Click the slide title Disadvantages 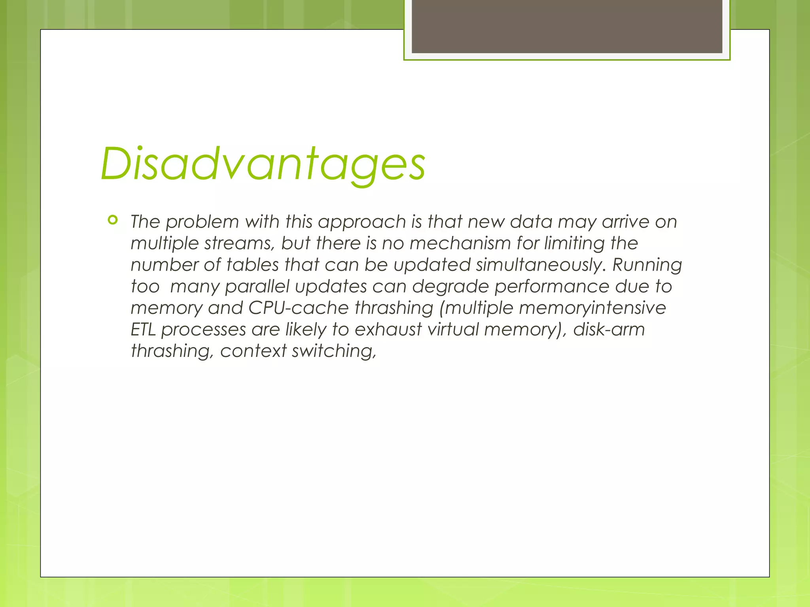[x=263, y=164]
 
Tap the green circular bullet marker [x=113, y=220]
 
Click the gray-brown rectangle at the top [x=567, y=26]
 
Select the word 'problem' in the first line [x=202, y=222]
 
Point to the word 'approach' [x=362, y=222]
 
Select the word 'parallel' [x=257, y=287]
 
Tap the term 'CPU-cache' [x=299, y=308]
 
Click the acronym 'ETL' [x=144, y=330]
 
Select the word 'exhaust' [x=388, y=330]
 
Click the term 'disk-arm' [x=609, y=330]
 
